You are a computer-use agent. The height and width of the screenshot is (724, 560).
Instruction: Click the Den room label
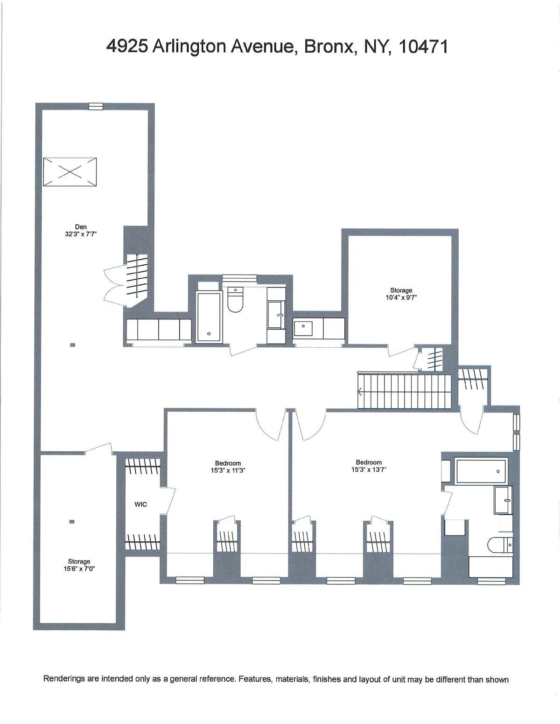[x=81, y=227]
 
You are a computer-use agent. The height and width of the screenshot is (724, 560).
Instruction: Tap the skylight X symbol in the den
[x=70, y=172]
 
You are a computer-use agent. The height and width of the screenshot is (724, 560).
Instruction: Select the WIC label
[x=140, y=504]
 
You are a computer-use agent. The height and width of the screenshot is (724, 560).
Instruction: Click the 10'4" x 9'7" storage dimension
[x=401, y=297]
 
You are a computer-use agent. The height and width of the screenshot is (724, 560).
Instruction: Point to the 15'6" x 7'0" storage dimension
[x=79, y=569]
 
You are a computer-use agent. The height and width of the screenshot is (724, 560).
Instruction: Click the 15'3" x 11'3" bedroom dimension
[x=228, y=470]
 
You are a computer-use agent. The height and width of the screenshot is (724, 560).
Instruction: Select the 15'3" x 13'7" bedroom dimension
[x=369, y=469]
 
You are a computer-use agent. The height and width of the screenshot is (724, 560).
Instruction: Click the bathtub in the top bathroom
[x=209, y=317]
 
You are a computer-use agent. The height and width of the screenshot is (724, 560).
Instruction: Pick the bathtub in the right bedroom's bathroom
[x=481, y=471]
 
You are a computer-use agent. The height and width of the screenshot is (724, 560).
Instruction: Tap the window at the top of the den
[x=96, y=106]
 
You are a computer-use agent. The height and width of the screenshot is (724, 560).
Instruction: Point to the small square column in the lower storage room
[x=71, y=522]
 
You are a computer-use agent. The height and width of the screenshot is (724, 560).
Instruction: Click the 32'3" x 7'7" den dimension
[x=81, y=234]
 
